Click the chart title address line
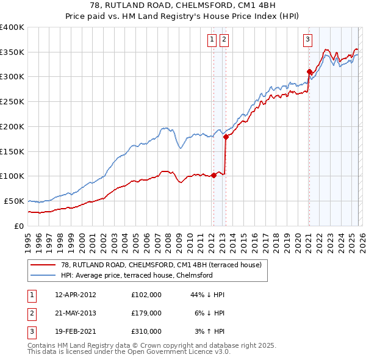point(182,7)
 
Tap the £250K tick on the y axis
point(12,102)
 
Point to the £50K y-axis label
point(14,201)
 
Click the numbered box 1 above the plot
point(212,40)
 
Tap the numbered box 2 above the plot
point(224,40)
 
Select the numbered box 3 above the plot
point(307,40)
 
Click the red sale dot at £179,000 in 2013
point(226,137)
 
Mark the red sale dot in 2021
point(309,71)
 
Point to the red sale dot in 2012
point(213,175)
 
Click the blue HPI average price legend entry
point(137,275)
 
